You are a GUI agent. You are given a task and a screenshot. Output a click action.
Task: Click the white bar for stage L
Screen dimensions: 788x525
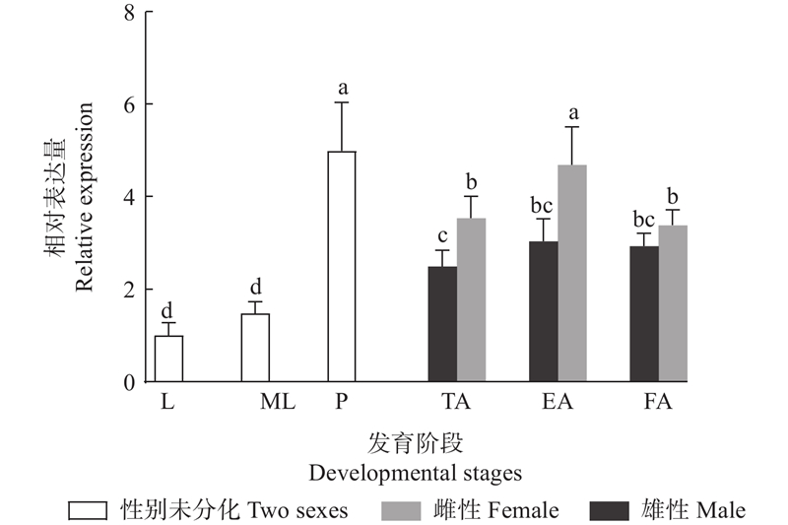tap(168, 359)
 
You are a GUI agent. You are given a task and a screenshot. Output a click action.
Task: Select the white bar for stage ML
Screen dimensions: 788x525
tap(255, 348)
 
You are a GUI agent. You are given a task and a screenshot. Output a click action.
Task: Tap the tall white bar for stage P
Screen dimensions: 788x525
tap(342, 266)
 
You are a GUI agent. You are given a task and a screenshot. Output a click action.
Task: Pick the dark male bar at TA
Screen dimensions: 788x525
tap(442, 324)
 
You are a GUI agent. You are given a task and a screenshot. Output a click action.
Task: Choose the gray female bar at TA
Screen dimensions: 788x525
tap(472, 299)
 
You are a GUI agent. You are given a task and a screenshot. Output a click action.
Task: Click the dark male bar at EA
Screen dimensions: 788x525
tap(544, 311)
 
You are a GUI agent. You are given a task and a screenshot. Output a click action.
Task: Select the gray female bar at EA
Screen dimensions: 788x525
tap(572, 273)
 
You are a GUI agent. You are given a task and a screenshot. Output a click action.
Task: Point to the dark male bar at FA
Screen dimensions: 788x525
tap(644, 314)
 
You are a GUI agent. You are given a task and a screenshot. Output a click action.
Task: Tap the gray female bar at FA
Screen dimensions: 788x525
tap(673, 303)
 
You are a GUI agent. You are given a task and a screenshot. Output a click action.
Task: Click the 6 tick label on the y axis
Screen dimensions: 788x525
tap(130, 104)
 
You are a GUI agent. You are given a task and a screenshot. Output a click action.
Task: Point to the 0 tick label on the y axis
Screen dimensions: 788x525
tap(130, 383)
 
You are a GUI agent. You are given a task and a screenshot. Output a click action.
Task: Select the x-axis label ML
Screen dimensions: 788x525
tap(278, 402)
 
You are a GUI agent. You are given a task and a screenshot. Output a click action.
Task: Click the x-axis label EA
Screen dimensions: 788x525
tap(558, 402)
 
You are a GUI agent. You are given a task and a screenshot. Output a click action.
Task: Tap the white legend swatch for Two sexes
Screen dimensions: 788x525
tap(88, 511)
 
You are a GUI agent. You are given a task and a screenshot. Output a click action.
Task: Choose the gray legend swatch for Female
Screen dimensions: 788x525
tap(401, 511)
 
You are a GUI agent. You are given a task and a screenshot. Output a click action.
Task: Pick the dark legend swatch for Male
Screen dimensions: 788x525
tap(609, 511)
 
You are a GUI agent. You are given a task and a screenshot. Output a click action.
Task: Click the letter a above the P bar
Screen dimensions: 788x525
tap(343, 89)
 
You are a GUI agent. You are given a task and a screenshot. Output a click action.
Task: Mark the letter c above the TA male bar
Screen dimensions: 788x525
tap(442, 236)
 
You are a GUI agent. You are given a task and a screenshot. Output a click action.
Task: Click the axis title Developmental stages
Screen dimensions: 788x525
tap(415, 474)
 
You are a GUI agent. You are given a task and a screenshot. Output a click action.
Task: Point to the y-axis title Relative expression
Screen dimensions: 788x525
tap(85, 196)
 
